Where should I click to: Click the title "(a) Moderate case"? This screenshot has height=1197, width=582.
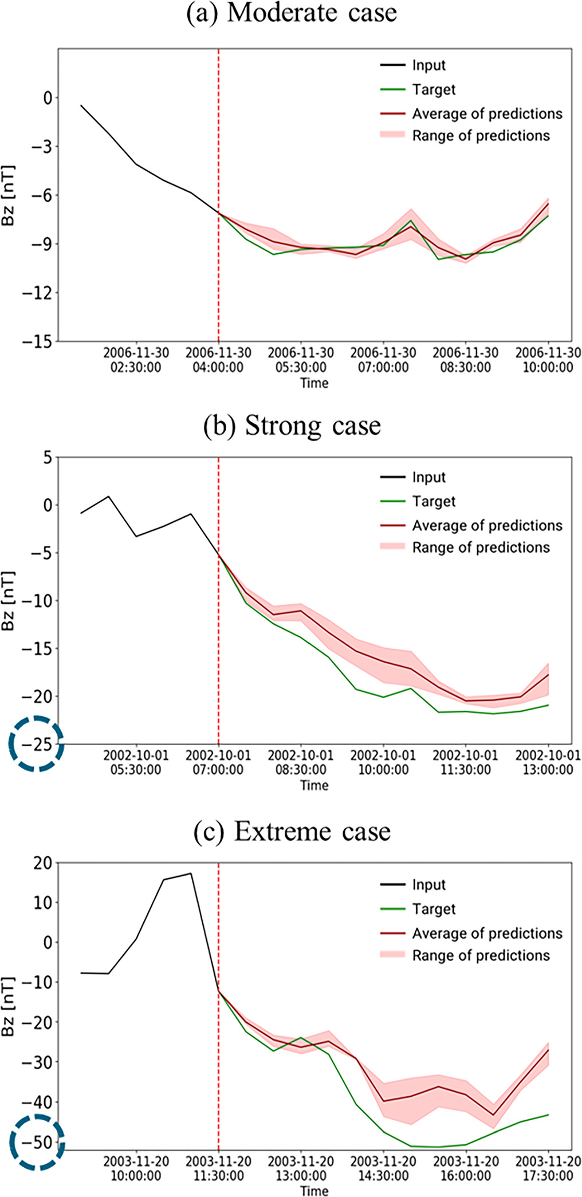[x=291, y=13]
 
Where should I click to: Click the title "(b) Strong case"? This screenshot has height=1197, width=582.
[x=291, y=426]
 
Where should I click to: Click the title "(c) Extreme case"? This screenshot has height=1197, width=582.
[x=291, y=831]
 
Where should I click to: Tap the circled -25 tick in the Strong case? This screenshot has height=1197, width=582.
[x=37, y=744]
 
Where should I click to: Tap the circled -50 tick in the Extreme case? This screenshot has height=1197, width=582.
[x=37, y=1142]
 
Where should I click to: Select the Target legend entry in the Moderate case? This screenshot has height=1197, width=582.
[x=434, y=89]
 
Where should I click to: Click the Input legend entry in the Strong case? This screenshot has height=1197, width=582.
[x=428, y=477]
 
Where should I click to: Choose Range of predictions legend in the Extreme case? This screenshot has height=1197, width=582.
[x=480, y=955]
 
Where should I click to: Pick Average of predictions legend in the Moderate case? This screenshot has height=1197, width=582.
[x=487, y=113]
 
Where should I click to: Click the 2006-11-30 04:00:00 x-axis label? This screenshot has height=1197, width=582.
[x=218, y=360]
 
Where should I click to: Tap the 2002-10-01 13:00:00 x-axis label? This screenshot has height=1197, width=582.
[x=548, y=762]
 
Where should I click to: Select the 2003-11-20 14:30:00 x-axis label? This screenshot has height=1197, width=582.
[x=383, y=1168]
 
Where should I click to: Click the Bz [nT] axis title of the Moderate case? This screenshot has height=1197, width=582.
[x=8, y=195]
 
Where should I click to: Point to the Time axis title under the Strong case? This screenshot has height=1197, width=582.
[x=314, y=785]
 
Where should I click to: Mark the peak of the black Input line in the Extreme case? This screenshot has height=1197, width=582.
[x=191, y=873]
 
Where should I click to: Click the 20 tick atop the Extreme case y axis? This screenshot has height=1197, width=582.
[x=43, y=864]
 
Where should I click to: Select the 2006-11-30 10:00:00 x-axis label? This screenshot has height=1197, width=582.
[x=548, y=360]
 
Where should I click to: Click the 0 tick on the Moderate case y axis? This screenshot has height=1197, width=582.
[x=47, y=98]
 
